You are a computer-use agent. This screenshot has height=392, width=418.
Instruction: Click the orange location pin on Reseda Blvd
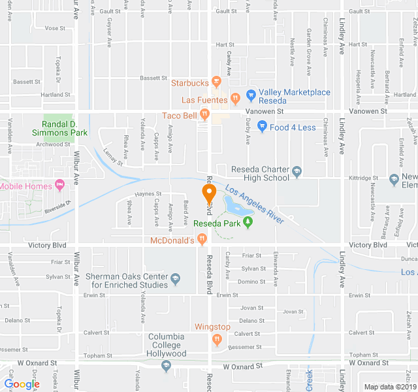tap(209, 194)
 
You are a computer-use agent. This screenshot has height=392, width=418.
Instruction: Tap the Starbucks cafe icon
tap(217, 83)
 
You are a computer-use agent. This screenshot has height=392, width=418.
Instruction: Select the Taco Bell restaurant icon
tap(204, 116)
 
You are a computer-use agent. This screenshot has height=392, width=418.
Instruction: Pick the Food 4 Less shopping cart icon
tap(263, 127)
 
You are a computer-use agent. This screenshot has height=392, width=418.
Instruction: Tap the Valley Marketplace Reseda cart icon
tap(251, 93)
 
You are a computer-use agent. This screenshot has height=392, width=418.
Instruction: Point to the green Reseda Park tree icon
tap(248, 222)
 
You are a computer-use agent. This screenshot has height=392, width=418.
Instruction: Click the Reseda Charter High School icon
tap(297, 172)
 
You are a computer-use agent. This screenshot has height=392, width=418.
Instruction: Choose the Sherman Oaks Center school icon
tap(174, 279)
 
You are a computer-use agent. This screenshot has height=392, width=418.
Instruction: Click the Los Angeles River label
tap(255, 205)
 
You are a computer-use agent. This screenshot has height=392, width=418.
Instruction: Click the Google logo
tap(22, 384)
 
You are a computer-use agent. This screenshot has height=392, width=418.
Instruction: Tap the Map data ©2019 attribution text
tap(389, 387)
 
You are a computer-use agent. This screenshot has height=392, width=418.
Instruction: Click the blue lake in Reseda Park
tap(235, 206)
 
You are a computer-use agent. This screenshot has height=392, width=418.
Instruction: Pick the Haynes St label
tap(148, 194)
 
